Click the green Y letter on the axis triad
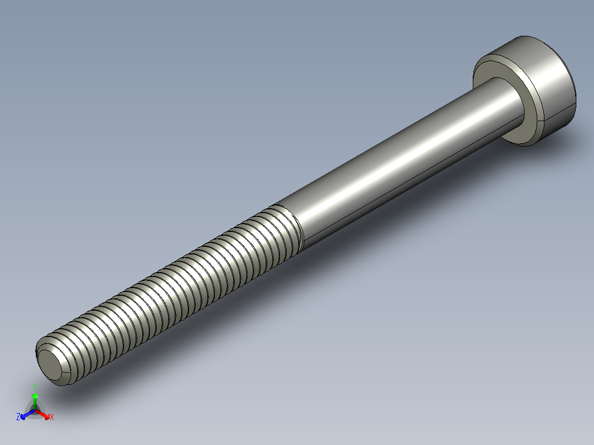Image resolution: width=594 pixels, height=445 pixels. coord(34,387)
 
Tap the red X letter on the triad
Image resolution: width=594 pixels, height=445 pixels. coord(52,417)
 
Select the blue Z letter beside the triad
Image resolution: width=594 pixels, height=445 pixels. coord(18,417)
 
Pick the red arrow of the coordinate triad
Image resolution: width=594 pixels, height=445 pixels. coord(45,414)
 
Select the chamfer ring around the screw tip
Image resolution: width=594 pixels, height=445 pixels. coord(42,355)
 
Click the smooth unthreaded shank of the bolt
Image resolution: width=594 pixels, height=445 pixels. coord(386,165)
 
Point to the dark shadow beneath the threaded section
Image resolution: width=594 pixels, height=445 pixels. coord(182,330)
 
